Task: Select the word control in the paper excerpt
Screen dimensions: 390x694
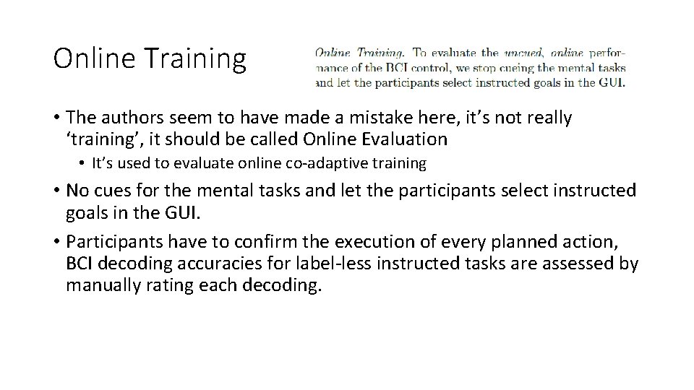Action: [442, 67]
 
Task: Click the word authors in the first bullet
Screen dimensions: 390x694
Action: [125, 117]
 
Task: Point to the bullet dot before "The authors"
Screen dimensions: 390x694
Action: [56, 118]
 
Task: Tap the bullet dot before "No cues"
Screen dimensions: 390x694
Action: [56, 191]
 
